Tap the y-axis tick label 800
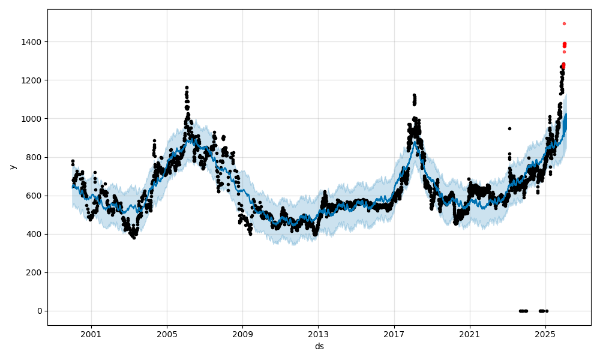pos(34,157)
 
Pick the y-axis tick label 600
pos(34,196)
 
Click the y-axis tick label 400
pos(34,234)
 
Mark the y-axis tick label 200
pos(34,272)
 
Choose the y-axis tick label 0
pos(40,311)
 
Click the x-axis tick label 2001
pos(91,334)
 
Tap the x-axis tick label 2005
pos(167,334)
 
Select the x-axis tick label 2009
pos(242,334)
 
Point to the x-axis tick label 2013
pos(318,334)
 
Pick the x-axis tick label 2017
pos(394,334)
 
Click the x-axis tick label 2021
pos(470,334)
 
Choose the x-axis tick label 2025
pos(545,334)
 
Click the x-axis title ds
pos(319,346)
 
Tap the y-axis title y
pos(12,167)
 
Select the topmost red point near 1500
pos(564,23)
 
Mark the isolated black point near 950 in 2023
pos(509,128)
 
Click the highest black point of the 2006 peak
pos(187,88)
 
